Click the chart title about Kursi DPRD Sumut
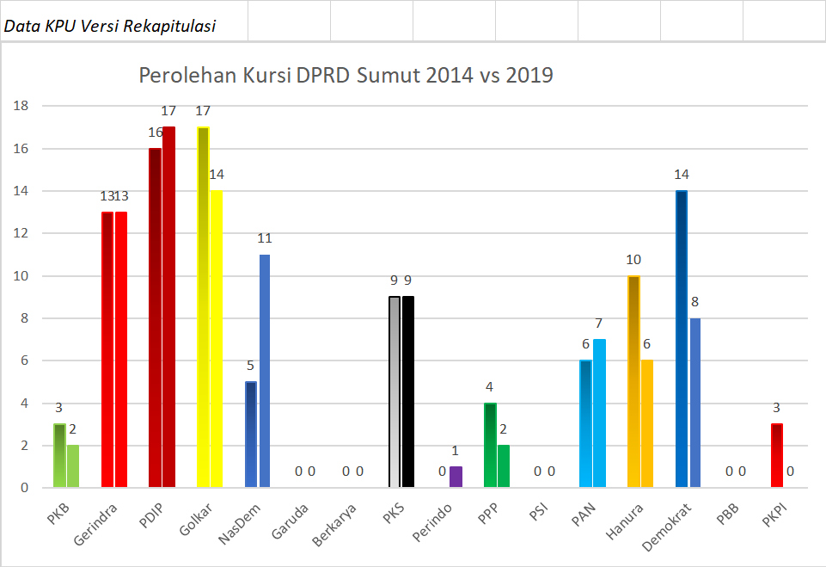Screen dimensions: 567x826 point(346,76)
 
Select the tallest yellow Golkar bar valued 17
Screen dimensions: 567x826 point(204,307)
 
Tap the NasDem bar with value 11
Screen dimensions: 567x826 point(265,371)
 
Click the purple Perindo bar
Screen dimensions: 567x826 point(456,477)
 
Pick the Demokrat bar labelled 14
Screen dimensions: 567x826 point(682,339)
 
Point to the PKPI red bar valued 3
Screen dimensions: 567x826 point(776,455)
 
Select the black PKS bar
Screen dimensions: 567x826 point(408,391)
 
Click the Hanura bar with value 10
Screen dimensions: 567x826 point(633,381)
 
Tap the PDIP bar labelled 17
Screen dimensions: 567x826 point(168,307)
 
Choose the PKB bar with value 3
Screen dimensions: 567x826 point(59,455)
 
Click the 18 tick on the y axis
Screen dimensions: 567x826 point(21,106)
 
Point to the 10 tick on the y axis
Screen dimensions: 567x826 point(21,276)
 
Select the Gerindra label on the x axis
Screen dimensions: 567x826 point(96,521)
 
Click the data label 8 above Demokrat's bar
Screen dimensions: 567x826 point(694,302)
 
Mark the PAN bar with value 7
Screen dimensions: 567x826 point(599,413)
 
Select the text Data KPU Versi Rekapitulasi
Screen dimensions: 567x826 point(109,26)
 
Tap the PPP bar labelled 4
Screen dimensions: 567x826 point(490,445)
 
